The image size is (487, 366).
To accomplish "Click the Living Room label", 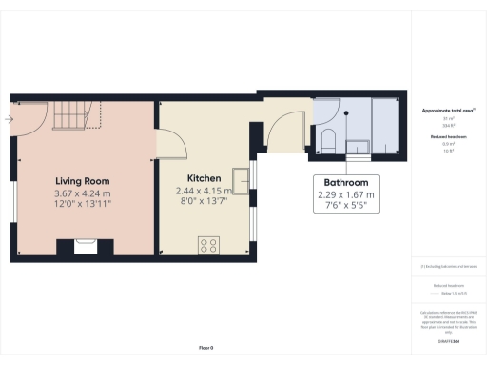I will coord(82,181).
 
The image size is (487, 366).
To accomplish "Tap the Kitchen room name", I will coord(204,178).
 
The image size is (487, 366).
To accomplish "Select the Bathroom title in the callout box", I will coord(346,182).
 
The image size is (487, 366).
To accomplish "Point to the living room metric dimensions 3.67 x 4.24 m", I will coord(82,194).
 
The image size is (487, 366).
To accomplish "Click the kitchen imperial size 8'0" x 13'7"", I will coord(204,202).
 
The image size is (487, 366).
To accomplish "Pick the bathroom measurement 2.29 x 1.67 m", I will coord(346,194).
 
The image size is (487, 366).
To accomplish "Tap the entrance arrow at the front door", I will coord(8,120).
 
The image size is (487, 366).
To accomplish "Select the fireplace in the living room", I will coord(83,247).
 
